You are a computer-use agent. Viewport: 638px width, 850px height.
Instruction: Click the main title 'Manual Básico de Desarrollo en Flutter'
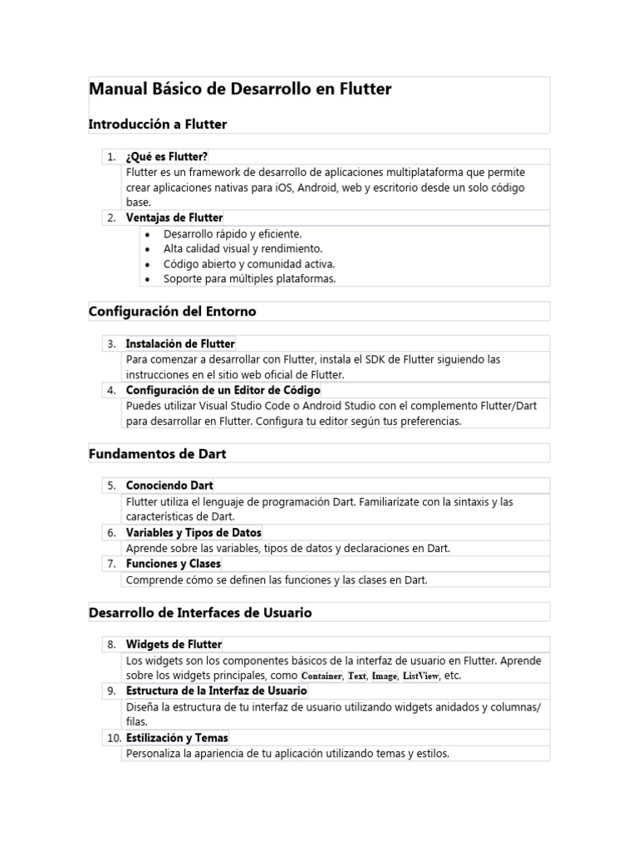[240, 89]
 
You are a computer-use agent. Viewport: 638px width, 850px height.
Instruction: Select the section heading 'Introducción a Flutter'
[157, 124]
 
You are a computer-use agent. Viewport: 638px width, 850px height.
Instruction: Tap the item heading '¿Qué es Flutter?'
[166, 156]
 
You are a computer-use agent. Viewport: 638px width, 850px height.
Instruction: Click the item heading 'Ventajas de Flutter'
[174, 217]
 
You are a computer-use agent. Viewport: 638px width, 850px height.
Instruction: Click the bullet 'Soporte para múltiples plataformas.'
[238, 279]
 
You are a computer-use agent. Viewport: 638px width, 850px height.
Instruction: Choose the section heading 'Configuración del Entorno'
[172, 311]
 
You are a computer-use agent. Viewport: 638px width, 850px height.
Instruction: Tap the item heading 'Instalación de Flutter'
[180, 344]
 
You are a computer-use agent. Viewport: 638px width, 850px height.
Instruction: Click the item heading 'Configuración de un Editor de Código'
[223, 390]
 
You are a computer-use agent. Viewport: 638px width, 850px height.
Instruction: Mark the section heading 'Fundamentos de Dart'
[157, 453]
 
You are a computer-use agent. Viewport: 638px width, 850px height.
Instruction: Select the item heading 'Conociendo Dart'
[169, 485]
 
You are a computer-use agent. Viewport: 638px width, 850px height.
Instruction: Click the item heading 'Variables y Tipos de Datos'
[193, 532]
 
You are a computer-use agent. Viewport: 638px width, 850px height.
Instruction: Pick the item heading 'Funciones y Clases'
[173, 564]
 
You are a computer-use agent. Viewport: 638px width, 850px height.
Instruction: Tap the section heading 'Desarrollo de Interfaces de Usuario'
[200, 613]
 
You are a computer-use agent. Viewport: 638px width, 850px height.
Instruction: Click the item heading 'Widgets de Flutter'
[174, 644]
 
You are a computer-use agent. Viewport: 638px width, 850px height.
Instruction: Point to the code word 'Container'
[321, 677]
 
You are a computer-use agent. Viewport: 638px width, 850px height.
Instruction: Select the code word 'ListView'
[420, 677]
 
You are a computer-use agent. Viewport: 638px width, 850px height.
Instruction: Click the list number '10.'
[113, 738]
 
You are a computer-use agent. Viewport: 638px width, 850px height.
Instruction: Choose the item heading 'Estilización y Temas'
[177, 738]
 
